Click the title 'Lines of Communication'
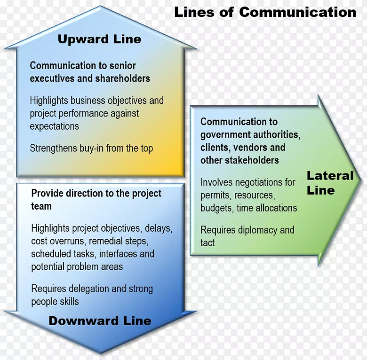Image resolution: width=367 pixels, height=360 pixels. tap(265, 12)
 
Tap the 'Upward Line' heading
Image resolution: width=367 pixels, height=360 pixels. tap(99, 39)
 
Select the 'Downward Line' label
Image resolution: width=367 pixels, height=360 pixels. tap(100, 321)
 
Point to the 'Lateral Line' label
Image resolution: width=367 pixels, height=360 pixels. tap(330, 183)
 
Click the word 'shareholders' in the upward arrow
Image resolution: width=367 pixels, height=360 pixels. tap(122, 78)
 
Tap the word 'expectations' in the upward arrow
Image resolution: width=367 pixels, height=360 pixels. tap(54, 126)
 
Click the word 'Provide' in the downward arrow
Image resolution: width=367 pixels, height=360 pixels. tap(46, 194)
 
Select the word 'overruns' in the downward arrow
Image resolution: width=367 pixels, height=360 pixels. tap(68, 241)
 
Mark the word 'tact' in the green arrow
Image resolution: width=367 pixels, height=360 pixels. tap(207, 243)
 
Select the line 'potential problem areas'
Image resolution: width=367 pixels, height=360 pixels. tap(77, 267)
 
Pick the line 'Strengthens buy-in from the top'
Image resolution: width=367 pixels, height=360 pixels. tap(91, 149)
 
